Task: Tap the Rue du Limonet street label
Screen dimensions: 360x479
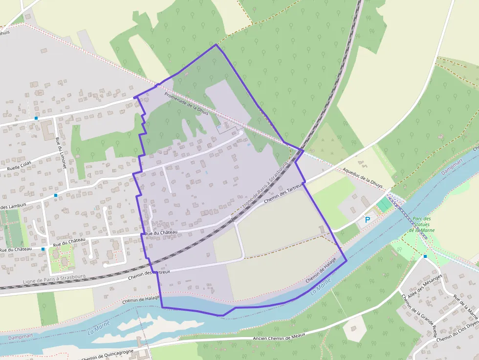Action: pyautogui.click(x=61, y=153)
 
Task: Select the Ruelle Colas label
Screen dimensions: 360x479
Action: pyautogui.click(x=19, y=164)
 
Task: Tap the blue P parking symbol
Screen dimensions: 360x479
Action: pyautogui.click(x=367, y=220)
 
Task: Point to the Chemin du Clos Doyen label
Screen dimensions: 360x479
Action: pyautogui.click(x=458, y=333)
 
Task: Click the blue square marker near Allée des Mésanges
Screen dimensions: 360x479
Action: pyautogui.click(x=425, y=256)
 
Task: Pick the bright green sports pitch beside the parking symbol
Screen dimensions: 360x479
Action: pyautogui.click(x=385, y=204)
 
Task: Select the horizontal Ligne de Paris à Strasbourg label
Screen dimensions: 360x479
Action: pyautogui.click(x=54, y=279)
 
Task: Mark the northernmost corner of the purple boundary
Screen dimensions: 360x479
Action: pyautogui.click(x=216, y=44)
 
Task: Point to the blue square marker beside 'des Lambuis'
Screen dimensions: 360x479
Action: pyautogui.click(x=56, y=195)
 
